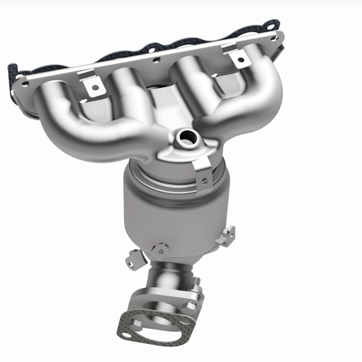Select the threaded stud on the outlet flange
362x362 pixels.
coord(197,283)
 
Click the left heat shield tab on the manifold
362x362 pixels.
coord(94,86)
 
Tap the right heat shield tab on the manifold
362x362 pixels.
coord(238,57)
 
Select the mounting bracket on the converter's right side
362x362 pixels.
coord(227,237)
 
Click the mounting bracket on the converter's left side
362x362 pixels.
coord(133,258)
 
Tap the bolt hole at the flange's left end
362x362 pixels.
coord(24,82)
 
